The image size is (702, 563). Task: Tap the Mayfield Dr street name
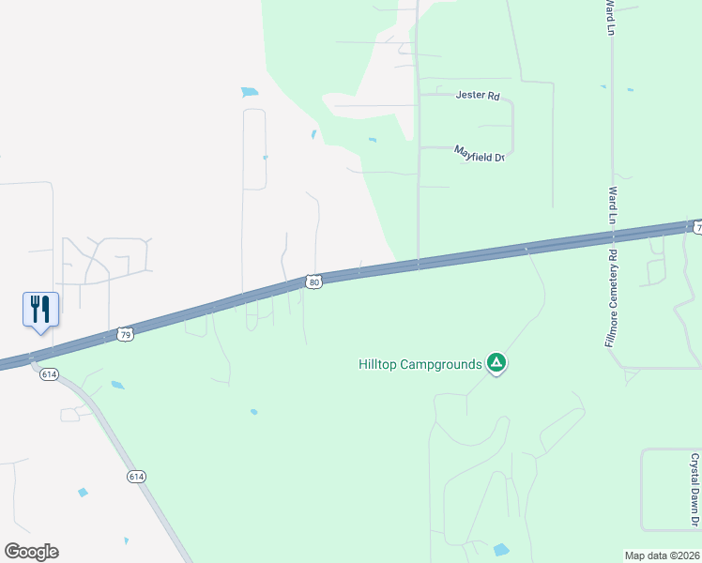point(480,153)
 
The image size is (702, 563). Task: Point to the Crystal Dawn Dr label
point(694,490)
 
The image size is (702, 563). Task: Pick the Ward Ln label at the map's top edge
point(609,17)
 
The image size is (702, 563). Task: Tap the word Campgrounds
point(443,364)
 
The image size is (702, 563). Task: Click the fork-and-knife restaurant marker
point(40,309)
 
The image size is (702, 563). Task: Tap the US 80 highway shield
point(314,281)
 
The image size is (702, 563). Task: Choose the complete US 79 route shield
point(126,334)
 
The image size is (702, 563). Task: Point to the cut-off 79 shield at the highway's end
point(696,226)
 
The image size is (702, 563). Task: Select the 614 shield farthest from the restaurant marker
point(137,477)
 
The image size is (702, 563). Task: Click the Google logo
point(31,552)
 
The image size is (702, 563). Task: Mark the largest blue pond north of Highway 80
point(250,92)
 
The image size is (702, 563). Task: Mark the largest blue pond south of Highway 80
point(501,550)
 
